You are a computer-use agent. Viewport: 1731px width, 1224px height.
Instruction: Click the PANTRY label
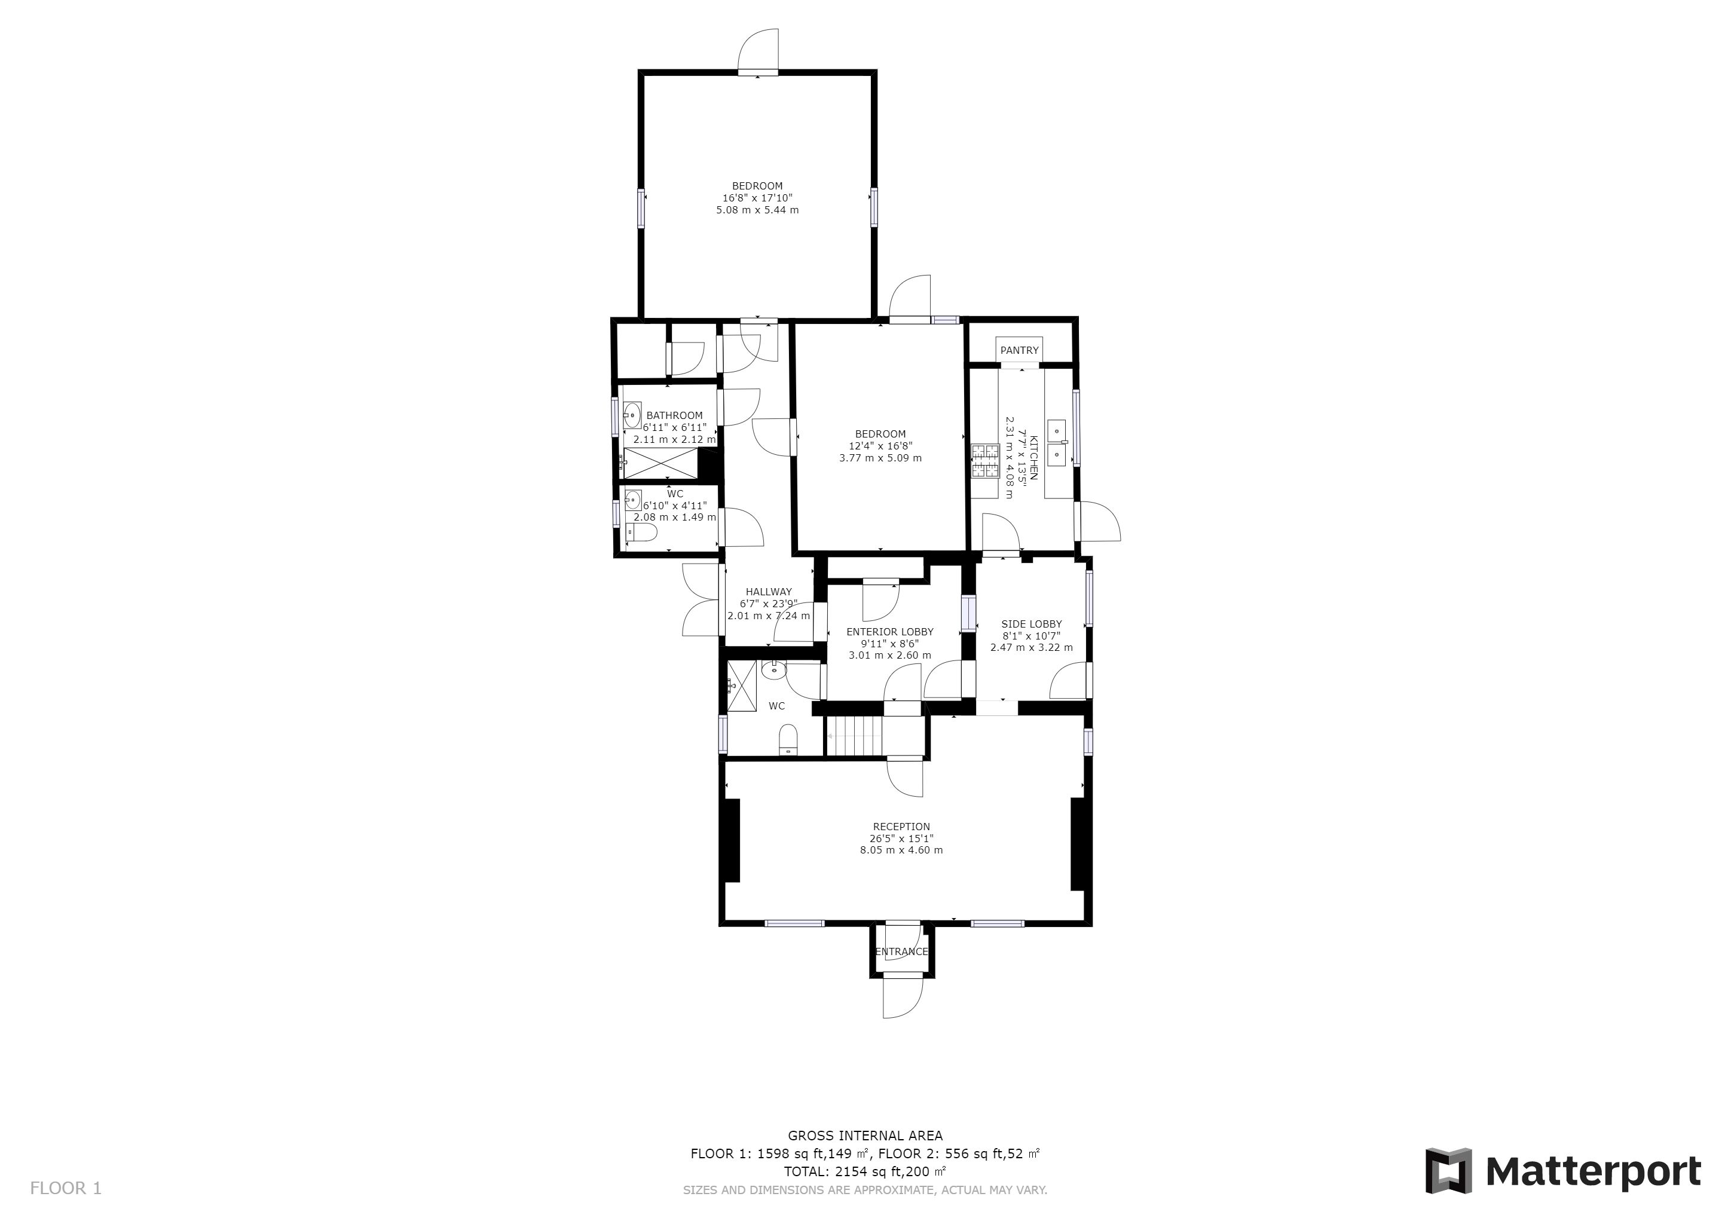pos(1019,350)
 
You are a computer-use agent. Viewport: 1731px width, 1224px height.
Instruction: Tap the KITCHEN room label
pos(1033,457)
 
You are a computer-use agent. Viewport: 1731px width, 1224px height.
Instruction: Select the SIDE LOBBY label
pos(1031,624)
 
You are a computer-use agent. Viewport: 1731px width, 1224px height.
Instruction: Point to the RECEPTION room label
pos(902,827)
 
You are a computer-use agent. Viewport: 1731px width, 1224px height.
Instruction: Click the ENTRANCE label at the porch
pos(902,952)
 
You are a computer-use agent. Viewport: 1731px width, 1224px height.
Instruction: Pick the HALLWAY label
pos(769,592)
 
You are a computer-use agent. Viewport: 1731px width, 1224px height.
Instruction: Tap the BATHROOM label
pos(674,415)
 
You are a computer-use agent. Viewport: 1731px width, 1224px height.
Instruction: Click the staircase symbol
pos(854,735)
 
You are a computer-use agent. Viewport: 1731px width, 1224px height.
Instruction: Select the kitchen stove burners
pos(984,461)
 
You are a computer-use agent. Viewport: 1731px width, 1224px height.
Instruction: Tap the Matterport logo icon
pos(1448,1171)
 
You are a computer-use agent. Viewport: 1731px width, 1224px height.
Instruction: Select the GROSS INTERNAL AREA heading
pos(865,1136)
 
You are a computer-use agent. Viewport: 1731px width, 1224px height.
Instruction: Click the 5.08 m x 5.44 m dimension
pos(758,210)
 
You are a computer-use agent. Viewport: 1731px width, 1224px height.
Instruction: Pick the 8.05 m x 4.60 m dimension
pos(902,851)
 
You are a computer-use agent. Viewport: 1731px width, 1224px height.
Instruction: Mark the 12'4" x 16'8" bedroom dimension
pos(880,446)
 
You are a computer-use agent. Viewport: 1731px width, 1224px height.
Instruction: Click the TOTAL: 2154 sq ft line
pos(865,1172)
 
